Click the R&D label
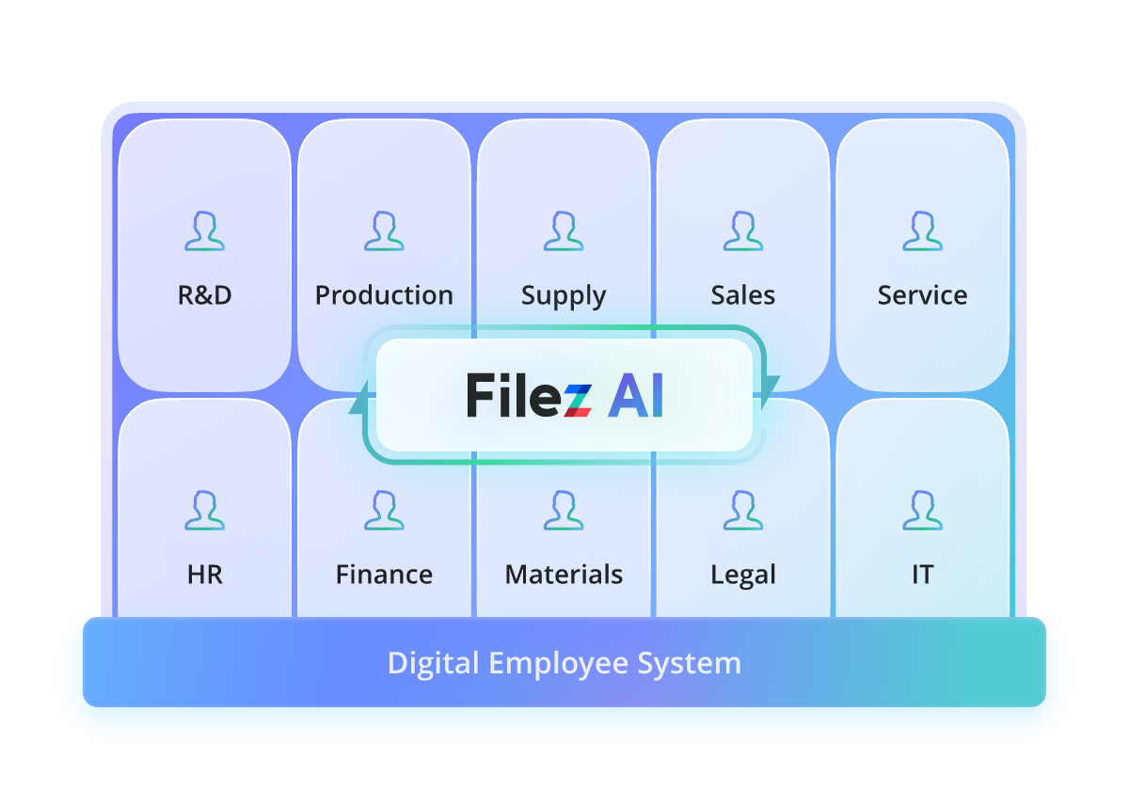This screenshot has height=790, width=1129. [205, 295]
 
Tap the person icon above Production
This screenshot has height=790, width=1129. [384, 231]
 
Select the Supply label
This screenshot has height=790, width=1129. [564, 296]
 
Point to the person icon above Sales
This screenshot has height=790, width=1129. [743, 231]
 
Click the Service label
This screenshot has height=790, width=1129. [922, 295]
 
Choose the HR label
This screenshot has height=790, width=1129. [205, 575]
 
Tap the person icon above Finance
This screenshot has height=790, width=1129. [384, 511]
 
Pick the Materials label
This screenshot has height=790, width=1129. [564, 575]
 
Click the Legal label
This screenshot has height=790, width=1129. [743, 576]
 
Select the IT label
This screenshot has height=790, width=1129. [922, 575]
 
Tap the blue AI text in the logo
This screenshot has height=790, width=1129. [636, 396]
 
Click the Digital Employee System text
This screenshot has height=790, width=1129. [564, 663]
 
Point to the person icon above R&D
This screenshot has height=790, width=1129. [205, 231]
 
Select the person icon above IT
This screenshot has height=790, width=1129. [922, 511]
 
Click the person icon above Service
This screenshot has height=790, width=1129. [922, 231]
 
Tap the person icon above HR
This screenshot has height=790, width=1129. [205, 511]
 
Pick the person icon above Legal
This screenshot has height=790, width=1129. [743, 511]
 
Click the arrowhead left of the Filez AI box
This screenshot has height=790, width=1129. [358, 402]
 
